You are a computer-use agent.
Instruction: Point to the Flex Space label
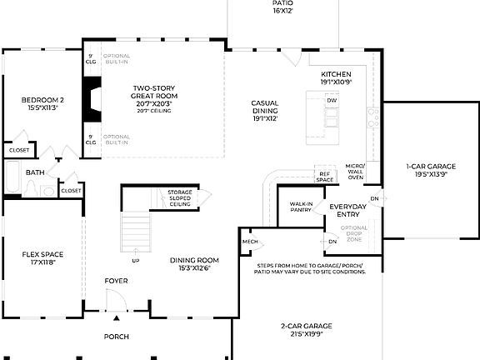(42, 258)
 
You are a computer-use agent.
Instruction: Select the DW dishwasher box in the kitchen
(332, 100)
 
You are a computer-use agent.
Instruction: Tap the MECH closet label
(250, 242)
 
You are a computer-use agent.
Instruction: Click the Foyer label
(116, 281)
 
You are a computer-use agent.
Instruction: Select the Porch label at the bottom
(116, 337)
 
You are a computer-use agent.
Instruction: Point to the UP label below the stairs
(136, 261)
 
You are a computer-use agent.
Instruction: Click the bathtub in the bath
(14, 177)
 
